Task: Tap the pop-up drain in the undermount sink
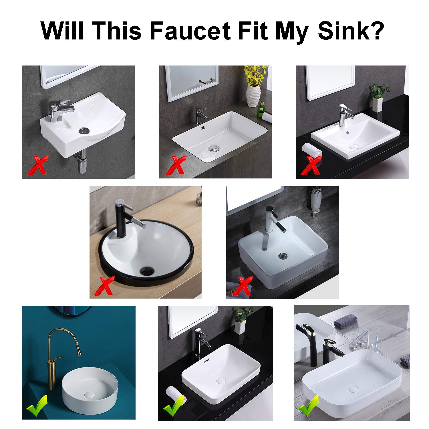213,148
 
